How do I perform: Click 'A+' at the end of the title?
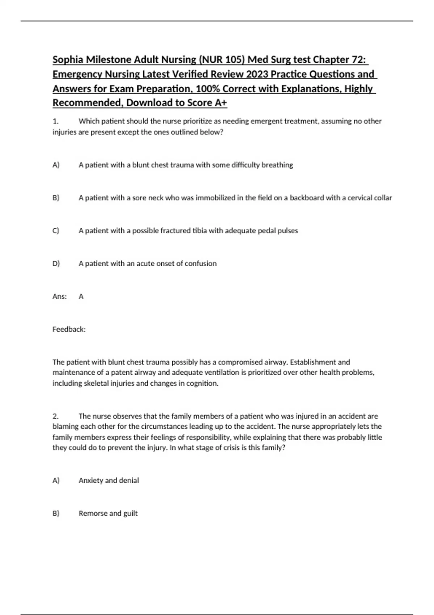[221, 103]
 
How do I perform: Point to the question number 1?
[55, 121]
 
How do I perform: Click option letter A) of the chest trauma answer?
[56, 165]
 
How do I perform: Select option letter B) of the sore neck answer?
[56, 198]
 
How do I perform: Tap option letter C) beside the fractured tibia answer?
[56, 231]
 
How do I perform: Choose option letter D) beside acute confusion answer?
[56, 264]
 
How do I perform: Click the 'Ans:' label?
[60, 297]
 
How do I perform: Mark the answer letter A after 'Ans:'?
[81, 297]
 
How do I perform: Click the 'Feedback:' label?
[69, 330]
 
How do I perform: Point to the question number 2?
[56, 416]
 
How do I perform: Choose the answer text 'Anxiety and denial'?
[109, 481]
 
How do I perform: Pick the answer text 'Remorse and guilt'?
[108, 513]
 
